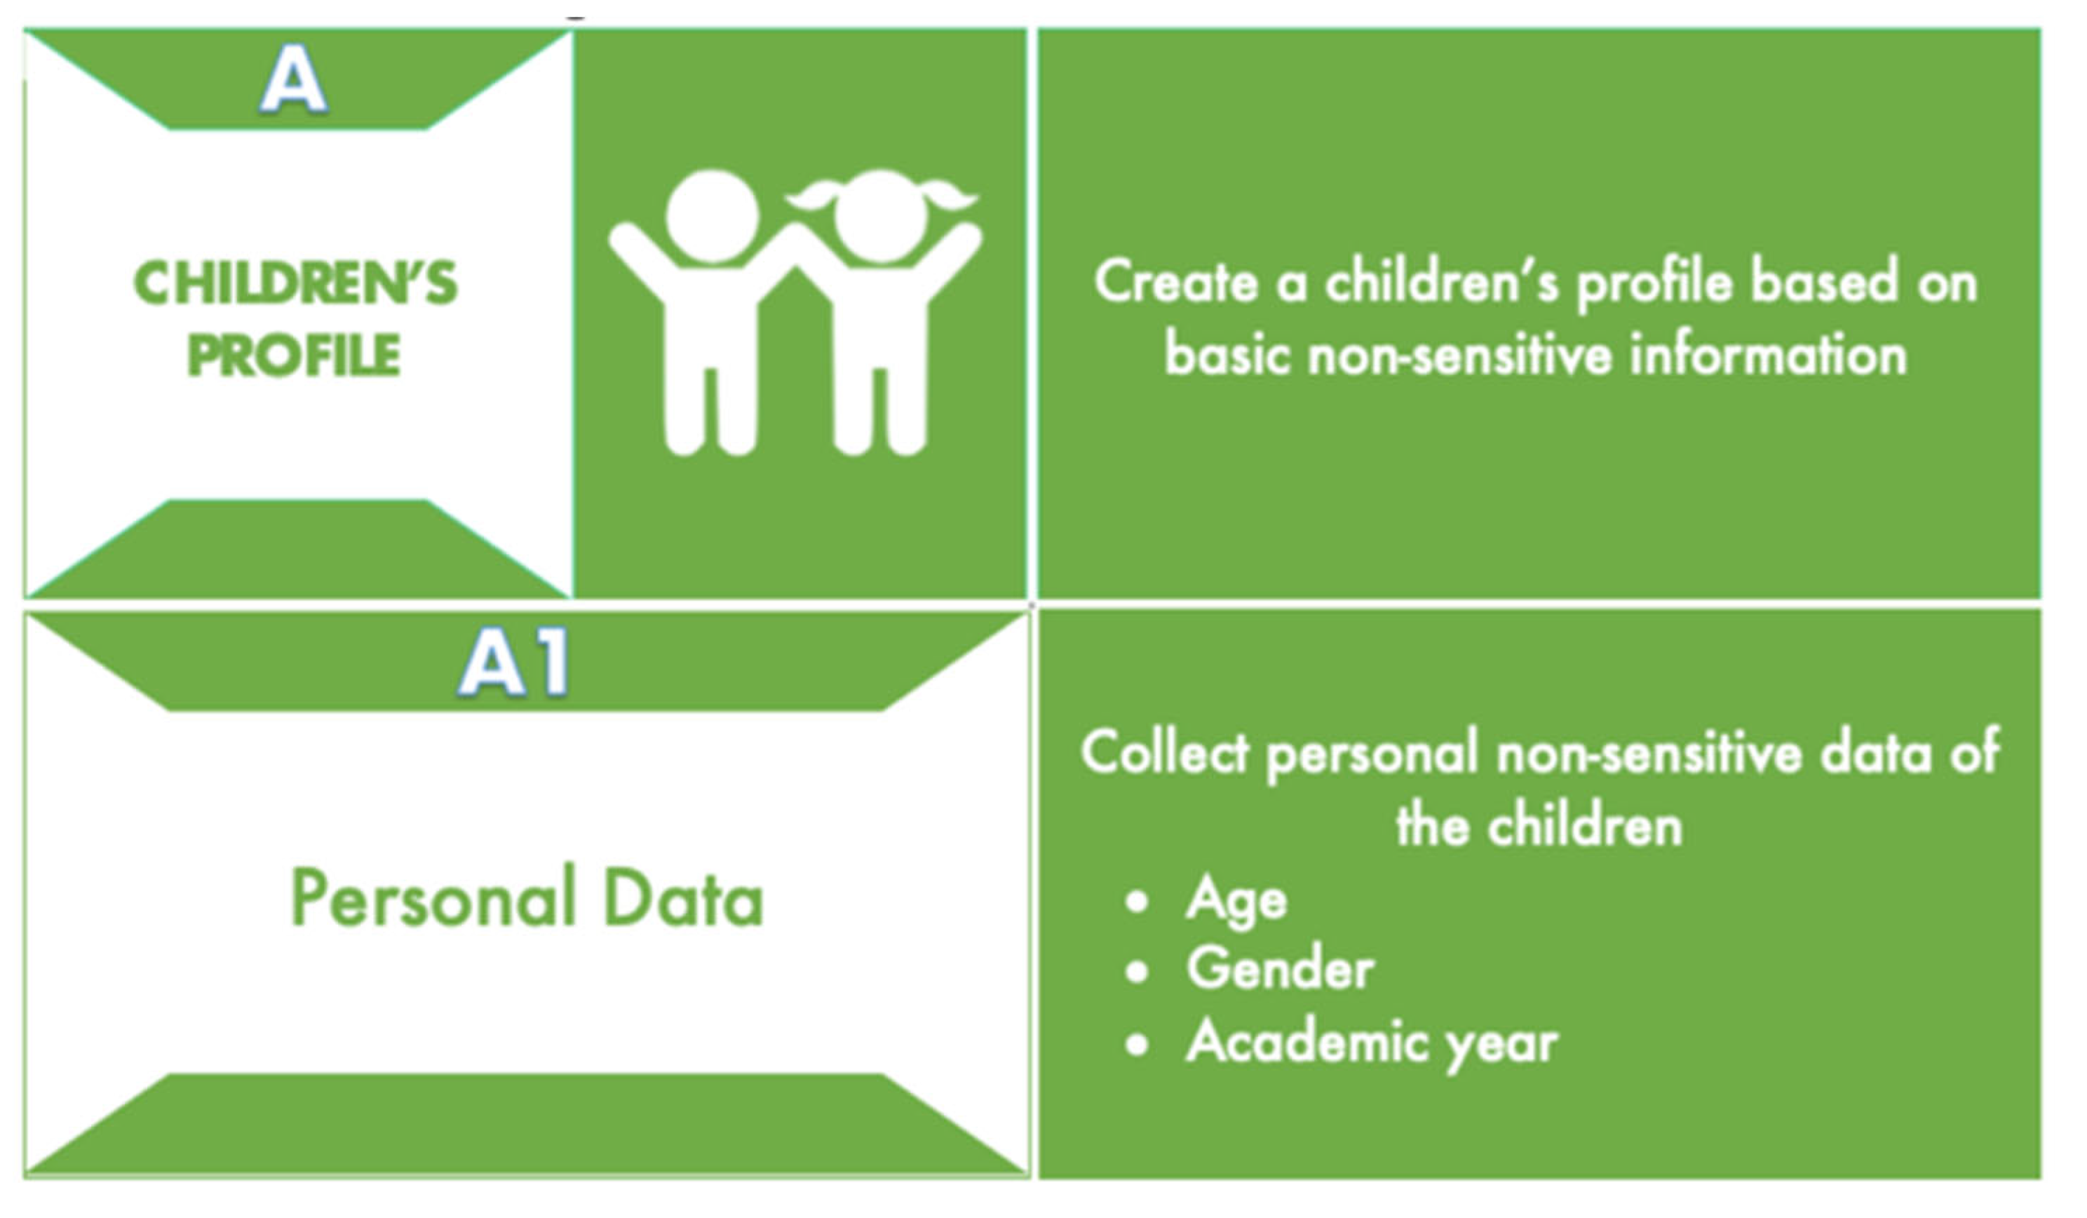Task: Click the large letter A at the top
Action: pyautogui.click(x=294, y=79)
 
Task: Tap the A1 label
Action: pyautogui.click(x=514, y=661)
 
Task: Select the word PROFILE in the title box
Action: pyautogui.click(x=294, y=356)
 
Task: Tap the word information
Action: pyautogui.click(x=1768, y=354)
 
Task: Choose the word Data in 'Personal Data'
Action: pyautogui.click(x=683, y=898)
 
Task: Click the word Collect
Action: pyautogui.click(x=1164, y=752)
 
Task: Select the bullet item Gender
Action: pyautogui.click(x=1281, y=969)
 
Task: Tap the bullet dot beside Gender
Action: pyautogui.click(x=1137, y=972)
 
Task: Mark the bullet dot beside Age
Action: pyautogui.click(x=1137, y=901)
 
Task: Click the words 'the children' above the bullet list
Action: pyautogui.click(x=1539, y=825)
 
